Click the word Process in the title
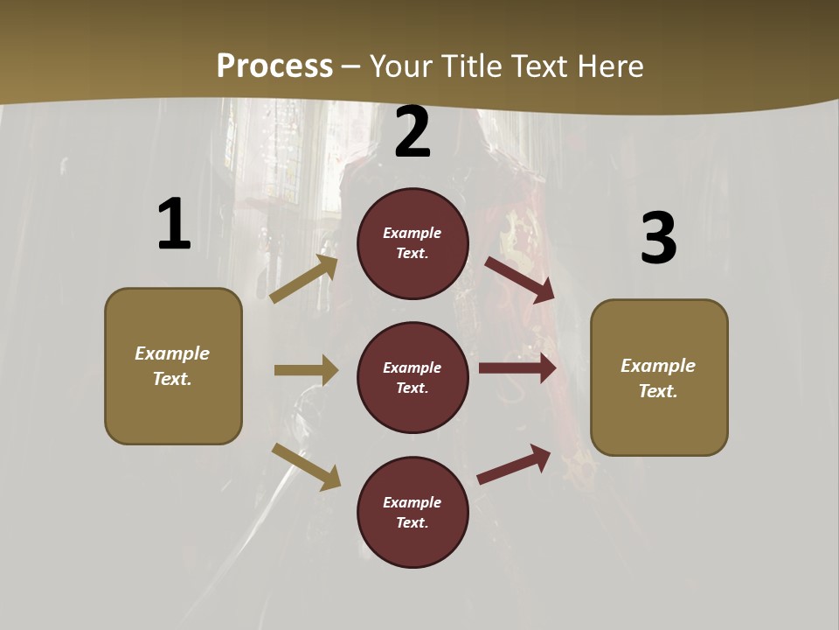(274, 66)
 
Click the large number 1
(174, 225)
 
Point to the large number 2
(413, 132)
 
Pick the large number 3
(659, 238)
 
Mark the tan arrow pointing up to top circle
(303, 279)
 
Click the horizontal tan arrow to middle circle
(306, 370)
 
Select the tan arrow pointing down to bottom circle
(306, 466)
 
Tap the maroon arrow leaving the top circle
(519, 279)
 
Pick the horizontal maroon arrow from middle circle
(517, 367)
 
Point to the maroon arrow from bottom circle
(514, 464)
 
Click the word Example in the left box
(172, 353)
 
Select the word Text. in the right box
(658, 391)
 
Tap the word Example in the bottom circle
(413, 502)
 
